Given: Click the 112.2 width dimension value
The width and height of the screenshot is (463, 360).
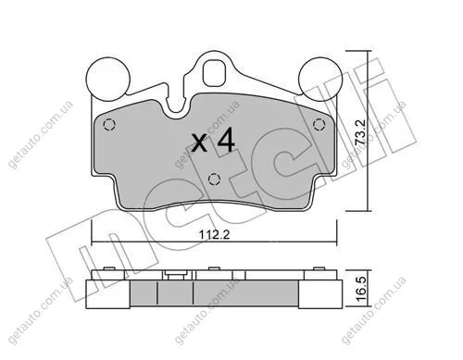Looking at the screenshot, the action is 214,235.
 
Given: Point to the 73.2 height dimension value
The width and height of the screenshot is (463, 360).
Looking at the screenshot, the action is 360,131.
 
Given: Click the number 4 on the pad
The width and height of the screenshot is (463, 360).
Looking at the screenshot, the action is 226,140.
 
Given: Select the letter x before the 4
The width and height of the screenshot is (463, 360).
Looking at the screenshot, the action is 199,143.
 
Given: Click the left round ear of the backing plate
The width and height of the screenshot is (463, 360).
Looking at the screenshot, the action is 107,79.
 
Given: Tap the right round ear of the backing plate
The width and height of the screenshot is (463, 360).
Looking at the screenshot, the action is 321,79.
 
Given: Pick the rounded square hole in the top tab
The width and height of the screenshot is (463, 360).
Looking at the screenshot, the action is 215,73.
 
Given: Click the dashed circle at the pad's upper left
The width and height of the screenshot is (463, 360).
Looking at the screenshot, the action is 108,125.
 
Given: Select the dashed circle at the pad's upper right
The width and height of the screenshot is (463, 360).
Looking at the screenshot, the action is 319,125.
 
